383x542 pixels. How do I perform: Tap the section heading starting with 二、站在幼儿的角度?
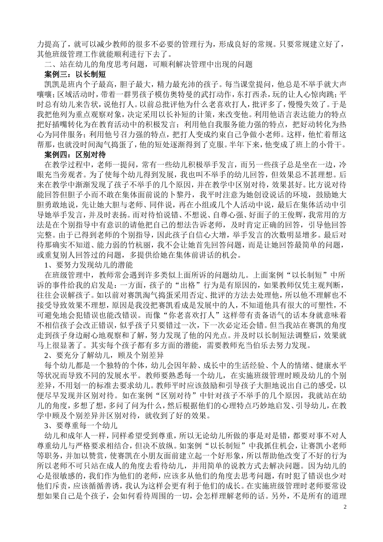pyautogui.click(x=148, y=65)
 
